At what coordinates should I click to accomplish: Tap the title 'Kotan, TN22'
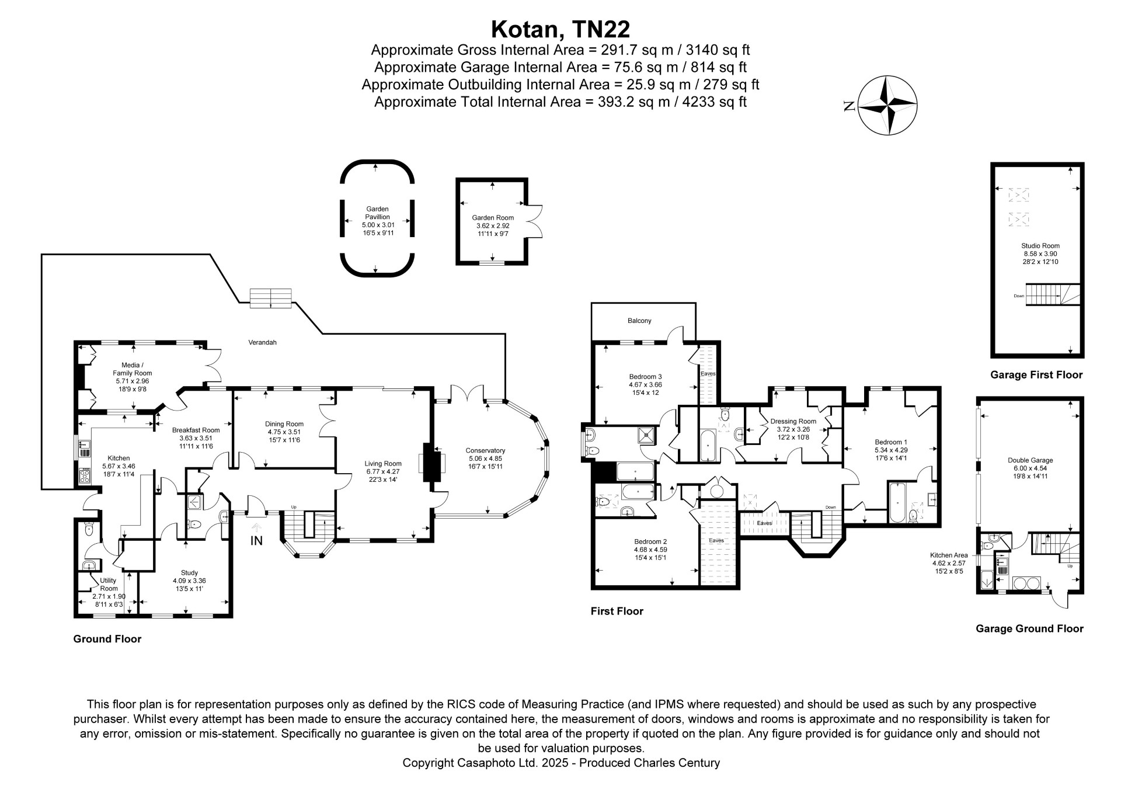click(560, 29)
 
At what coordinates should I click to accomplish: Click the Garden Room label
click(493, 218)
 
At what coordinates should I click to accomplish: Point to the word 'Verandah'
click(262, 342)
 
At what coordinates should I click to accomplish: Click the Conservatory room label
click(485, 450)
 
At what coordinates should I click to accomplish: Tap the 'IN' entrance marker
click(256, 541)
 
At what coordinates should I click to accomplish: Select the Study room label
click(189, 572)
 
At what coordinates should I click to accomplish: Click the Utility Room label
click(109, 584)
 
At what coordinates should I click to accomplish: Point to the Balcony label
click(639, 321)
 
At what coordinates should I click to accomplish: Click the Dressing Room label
click(793, 421)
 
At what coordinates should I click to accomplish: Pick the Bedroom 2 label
click(650, 541)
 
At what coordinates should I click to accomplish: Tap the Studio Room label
click(1040, 246)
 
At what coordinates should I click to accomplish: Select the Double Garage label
click(1030, 460)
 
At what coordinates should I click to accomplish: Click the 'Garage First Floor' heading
click(1036, 375)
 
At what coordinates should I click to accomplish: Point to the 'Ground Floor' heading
click(107, 639)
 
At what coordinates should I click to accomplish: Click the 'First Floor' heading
click(617, 611)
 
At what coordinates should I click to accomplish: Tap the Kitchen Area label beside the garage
click(949, 555)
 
